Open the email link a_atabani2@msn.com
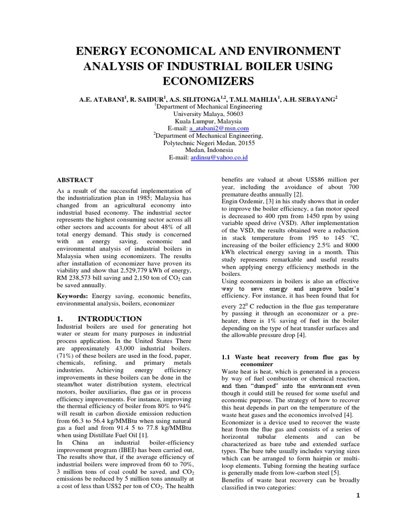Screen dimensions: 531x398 coord(219,128)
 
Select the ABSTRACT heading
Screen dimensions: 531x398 coord(75,180)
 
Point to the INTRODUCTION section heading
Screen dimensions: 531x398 coord(110,318)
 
